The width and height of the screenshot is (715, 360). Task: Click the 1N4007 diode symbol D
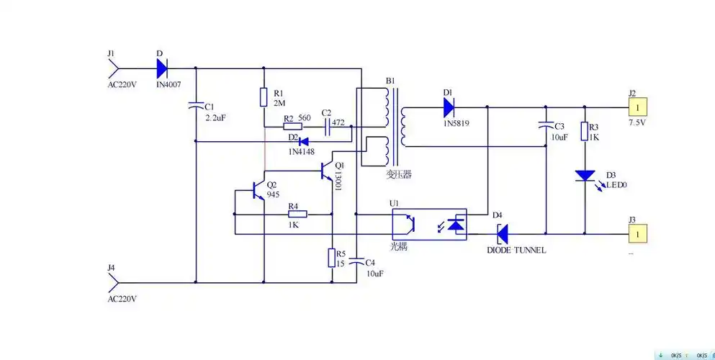[161, 68]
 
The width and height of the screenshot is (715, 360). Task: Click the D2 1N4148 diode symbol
[304, 141]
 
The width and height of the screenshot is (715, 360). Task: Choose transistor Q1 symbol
[329, 171]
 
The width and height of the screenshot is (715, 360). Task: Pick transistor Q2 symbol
[257, 191]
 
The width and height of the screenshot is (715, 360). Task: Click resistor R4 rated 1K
[297, 214]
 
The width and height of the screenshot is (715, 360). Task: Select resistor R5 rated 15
[331, 257]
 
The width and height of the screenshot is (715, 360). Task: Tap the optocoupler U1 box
[428, 225]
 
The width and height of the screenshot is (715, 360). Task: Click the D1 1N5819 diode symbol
[449, 107]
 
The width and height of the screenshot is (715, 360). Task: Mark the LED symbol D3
[584, 176]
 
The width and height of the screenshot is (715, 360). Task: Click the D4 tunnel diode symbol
[502, 233]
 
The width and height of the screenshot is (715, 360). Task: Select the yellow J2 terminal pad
[638, 107]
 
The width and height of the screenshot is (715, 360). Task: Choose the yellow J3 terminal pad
[638, 233]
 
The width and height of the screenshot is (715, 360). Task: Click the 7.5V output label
[637, 123]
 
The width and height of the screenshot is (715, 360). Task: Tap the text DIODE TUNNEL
[516, 250]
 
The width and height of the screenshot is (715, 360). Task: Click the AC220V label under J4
[122, 297]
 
